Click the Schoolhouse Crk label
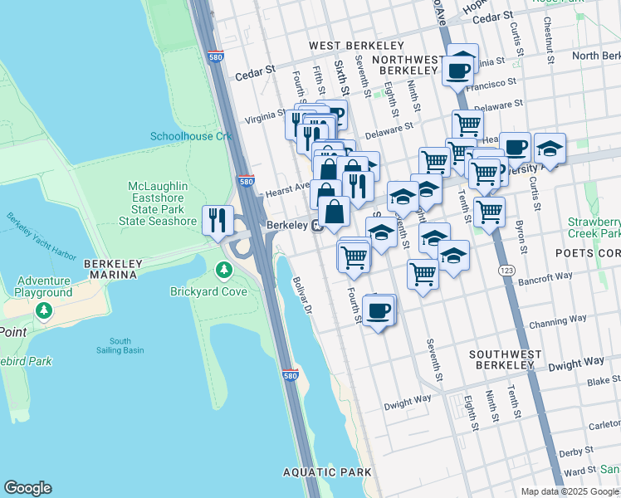pos(190,136)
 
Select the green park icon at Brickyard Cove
pos(223,271)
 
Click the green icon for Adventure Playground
pos(44,310)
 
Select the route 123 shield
pos(504,271)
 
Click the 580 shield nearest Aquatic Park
pos(290,376)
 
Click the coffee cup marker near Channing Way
pos(379,311)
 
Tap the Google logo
pos(27,488)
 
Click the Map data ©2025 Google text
pos(570,491)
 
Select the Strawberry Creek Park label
pos(594,228)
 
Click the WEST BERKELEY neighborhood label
pos(356,46)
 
